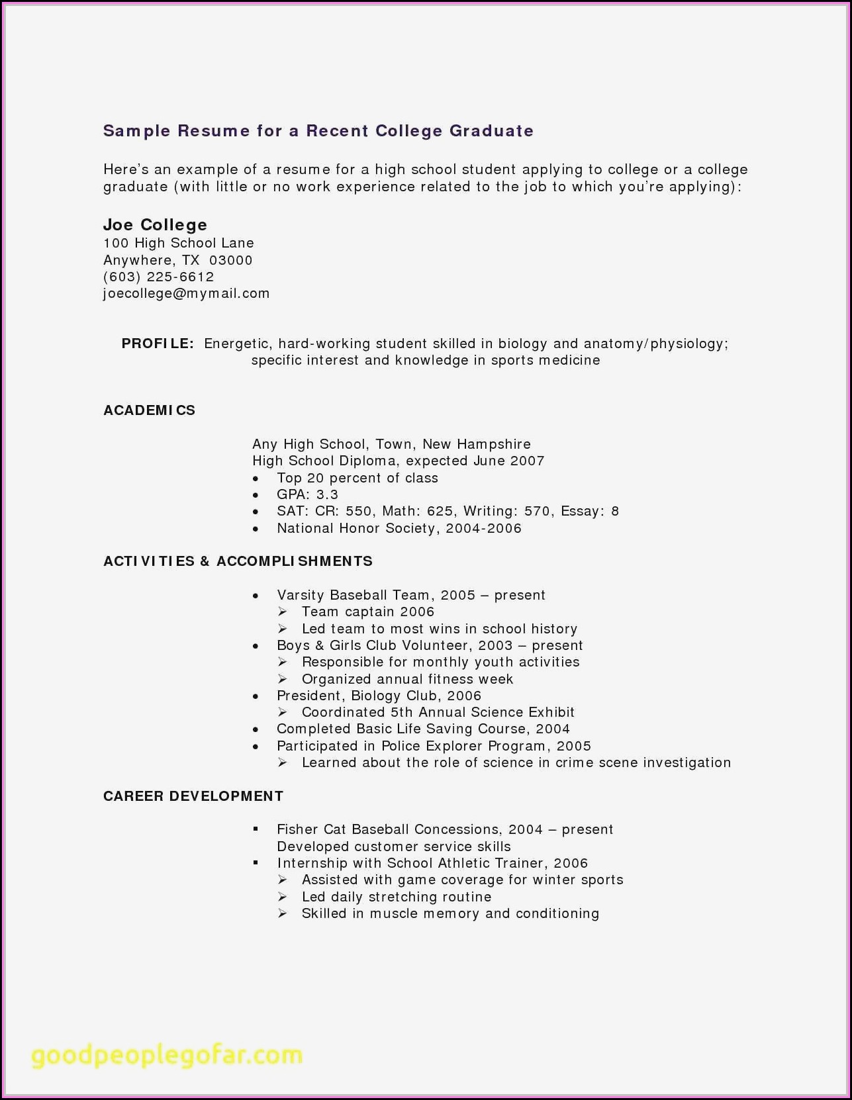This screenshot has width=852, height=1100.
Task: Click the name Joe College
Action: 155,225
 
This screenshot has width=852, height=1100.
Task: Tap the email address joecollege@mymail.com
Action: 186,293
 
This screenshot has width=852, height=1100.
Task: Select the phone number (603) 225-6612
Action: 158,277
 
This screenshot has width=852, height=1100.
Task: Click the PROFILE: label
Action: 158,344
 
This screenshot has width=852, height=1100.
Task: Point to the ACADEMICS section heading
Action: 149,410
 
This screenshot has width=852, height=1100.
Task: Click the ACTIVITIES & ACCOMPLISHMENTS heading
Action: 238,561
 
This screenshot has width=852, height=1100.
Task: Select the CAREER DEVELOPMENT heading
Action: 193,796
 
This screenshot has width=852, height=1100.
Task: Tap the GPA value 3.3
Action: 327,494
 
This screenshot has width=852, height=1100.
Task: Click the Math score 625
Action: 440,511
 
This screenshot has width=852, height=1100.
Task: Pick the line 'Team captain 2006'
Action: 368,612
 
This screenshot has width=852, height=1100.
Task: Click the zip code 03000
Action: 230,260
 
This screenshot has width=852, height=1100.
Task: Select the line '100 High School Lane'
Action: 178,243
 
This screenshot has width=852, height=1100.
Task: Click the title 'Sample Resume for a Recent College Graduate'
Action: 318,131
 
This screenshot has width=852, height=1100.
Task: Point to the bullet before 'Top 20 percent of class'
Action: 256,479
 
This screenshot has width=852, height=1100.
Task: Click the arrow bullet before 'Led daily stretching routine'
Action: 283,897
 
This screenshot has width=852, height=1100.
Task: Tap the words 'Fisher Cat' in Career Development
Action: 311,829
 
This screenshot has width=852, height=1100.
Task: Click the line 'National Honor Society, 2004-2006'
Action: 399,528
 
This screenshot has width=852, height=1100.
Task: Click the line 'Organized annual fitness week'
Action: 407,679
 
